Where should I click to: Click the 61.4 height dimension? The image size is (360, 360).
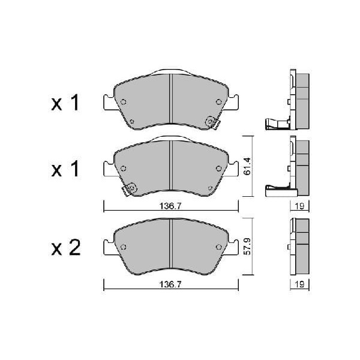coord(247,166)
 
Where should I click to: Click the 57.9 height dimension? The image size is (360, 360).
coord(247,246)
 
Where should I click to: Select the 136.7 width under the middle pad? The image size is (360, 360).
coord(170,206)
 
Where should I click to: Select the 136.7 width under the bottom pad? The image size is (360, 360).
coord(170,284)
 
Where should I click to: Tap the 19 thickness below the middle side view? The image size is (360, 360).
coord(299,206)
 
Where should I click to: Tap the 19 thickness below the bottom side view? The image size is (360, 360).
coord(299,284)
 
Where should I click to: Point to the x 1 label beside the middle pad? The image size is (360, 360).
coord(65,169)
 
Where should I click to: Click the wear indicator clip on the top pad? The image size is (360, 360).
coord(212,122)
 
